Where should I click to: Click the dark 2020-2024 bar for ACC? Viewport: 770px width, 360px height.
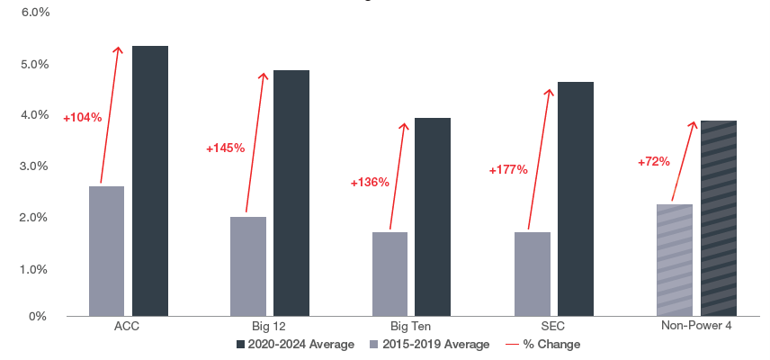click(x=150, y=180)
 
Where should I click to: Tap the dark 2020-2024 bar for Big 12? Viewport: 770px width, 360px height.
click(x=291, y=193)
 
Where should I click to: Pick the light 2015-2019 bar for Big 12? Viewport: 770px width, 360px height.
click(x=248, y=265)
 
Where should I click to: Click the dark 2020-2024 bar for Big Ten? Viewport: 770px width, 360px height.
click(x=433, y=216)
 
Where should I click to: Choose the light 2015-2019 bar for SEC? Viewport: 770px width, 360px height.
click(x=533, y=274)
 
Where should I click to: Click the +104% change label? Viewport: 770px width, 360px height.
click(x=83, y=117)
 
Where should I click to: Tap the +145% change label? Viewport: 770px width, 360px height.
click(x=225, y=148)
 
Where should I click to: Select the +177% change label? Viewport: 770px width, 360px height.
click(x=508, y=170)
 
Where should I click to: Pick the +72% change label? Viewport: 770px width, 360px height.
click(x=654, y=162)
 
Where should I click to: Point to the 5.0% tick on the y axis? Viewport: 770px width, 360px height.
click(x=35, y=65)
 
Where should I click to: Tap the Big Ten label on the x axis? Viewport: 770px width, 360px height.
click(x=411, y=326)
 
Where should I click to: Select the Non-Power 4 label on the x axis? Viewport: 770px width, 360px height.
click(x=696, y=326)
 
